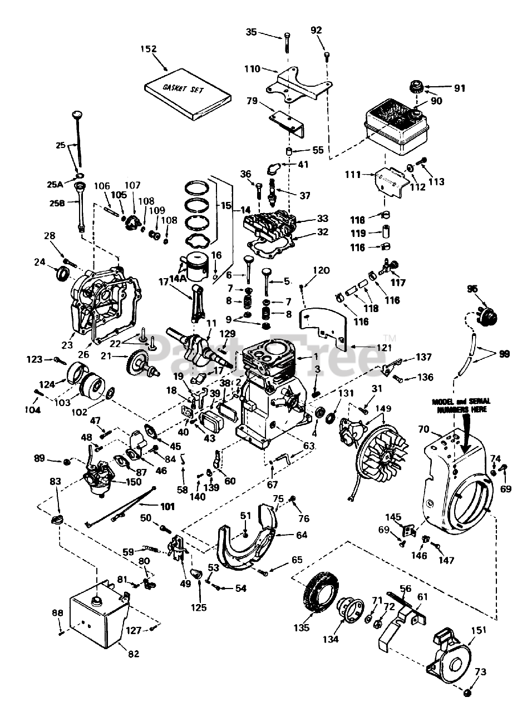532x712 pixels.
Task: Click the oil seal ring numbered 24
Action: (x=62, y=273)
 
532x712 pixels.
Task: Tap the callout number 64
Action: (x=302, y=535)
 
